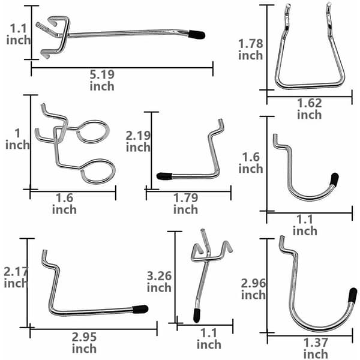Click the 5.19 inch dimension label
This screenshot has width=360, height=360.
point(102,80)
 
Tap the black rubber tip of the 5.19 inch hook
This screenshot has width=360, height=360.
point(197,35)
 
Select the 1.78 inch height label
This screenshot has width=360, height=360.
point(250,50)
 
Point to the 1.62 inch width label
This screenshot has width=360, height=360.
point(309,109)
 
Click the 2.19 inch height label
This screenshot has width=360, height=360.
point(138,142)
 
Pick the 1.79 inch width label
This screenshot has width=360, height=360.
point(185,203)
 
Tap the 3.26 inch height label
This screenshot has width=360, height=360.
point(159,282)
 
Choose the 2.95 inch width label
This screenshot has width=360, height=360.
point(84,343)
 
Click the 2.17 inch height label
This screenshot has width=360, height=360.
point(16,278)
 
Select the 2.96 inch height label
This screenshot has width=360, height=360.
point(253,289)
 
